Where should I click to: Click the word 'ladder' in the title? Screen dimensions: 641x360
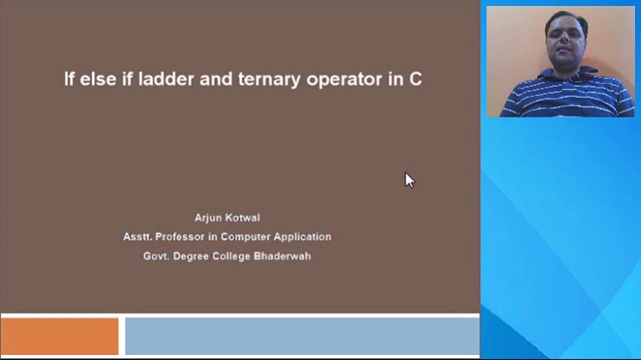[x=166, y=78]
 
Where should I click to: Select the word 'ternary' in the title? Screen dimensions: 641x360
[x=269, y=80]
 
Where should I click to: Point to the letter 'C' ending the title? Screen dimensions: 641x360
[x=416, y=79]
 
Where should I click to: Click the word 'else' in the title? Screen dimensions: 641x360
[x=98, y=78]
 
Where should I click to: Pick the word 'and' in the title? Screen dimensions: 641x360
[x=216, y=78]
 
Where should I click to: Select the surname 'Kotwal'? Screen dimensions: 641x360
[x=243, y=217]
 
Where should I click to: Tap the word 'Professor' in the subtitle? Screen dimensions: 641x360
[x=180, y=236]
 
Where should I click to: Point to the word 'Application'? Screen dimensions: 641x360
[x=302, y=237]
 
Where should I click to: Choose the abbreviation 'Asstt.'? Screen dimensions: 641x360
[x=138, y=236]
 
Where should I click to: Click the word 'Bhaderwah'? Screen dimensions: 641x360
[x=282, y=256]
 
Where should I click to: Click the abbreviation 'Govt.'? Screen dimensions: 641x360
[x=156, y=256]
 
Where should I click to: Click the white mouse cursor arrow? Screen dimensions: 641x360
[x=410, y=180]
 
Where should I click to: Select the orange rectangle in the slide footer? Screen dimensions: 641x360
[x=60, y=336]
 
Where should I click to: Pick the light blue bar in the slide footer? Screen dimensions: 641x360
[x=302, y=336]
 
